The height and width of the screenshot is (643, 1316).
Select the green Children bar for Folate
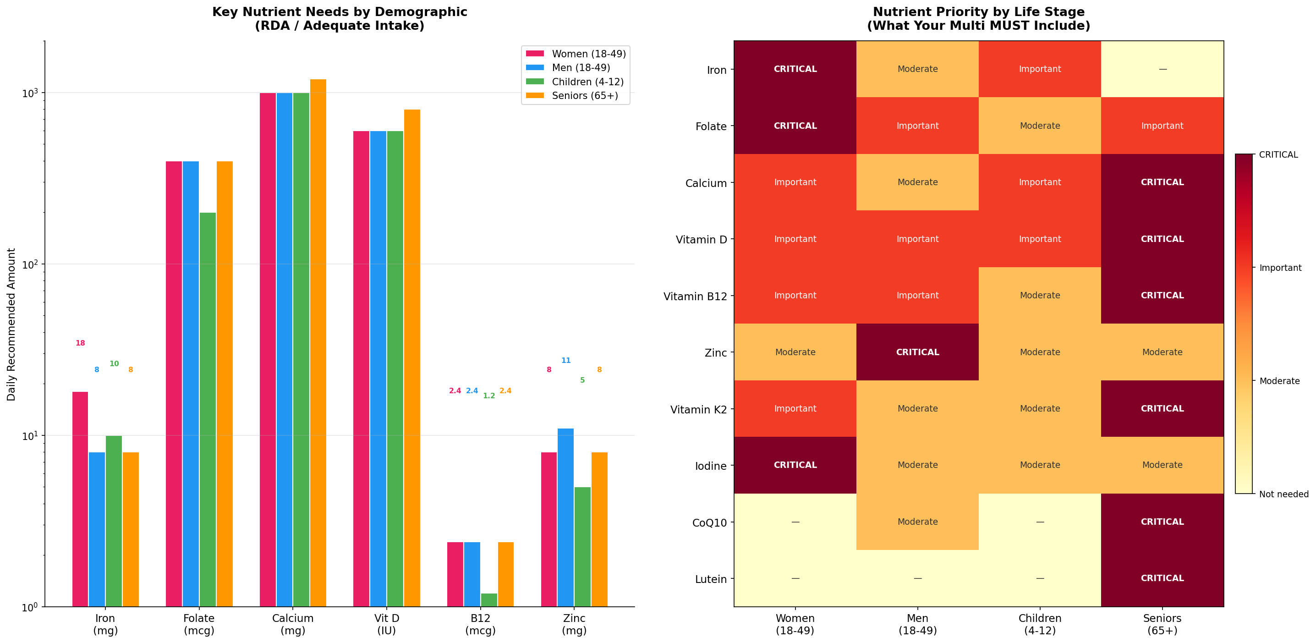click(x=208, y=409)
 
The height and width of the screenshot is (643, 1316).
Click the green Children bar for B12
click(x=489, y=600)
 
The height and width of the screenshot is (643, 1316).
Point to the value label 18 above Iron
click(x=80, y=343)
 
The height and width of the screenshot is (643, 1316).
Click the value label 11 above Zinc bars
click(x=565, y=360)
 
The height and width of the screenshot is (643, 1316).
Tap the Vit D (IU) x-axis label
click(x=387, y=624)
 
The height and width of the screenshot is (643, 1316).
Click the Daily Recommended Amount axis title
click(x=11, y=324)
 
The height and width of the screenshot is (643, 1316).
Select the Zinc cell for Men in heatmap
click(x=917, y=352)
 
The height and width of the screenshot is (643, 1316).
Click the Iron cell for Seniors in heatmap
click(x=1162, y=69)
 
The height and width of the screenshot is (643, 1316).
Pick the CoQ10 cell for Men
click(x=917, y=522)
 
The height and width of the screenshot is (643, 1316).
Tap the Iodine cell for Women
click(x=795, y=465)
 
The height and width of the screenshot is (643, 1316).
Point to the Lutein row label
click(x=710, y=579)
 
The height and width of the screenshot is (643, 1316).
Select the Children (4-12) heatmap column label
click(x=1040, y=624)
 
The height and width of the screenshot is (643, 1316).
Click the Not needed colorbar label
click(x=1283, y=494)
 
